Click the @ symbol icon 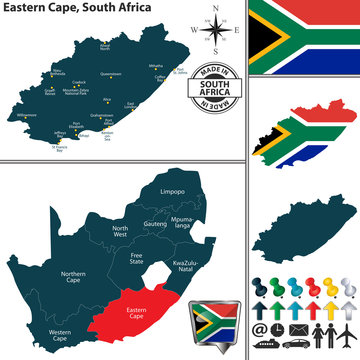[x=258, y=328]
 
